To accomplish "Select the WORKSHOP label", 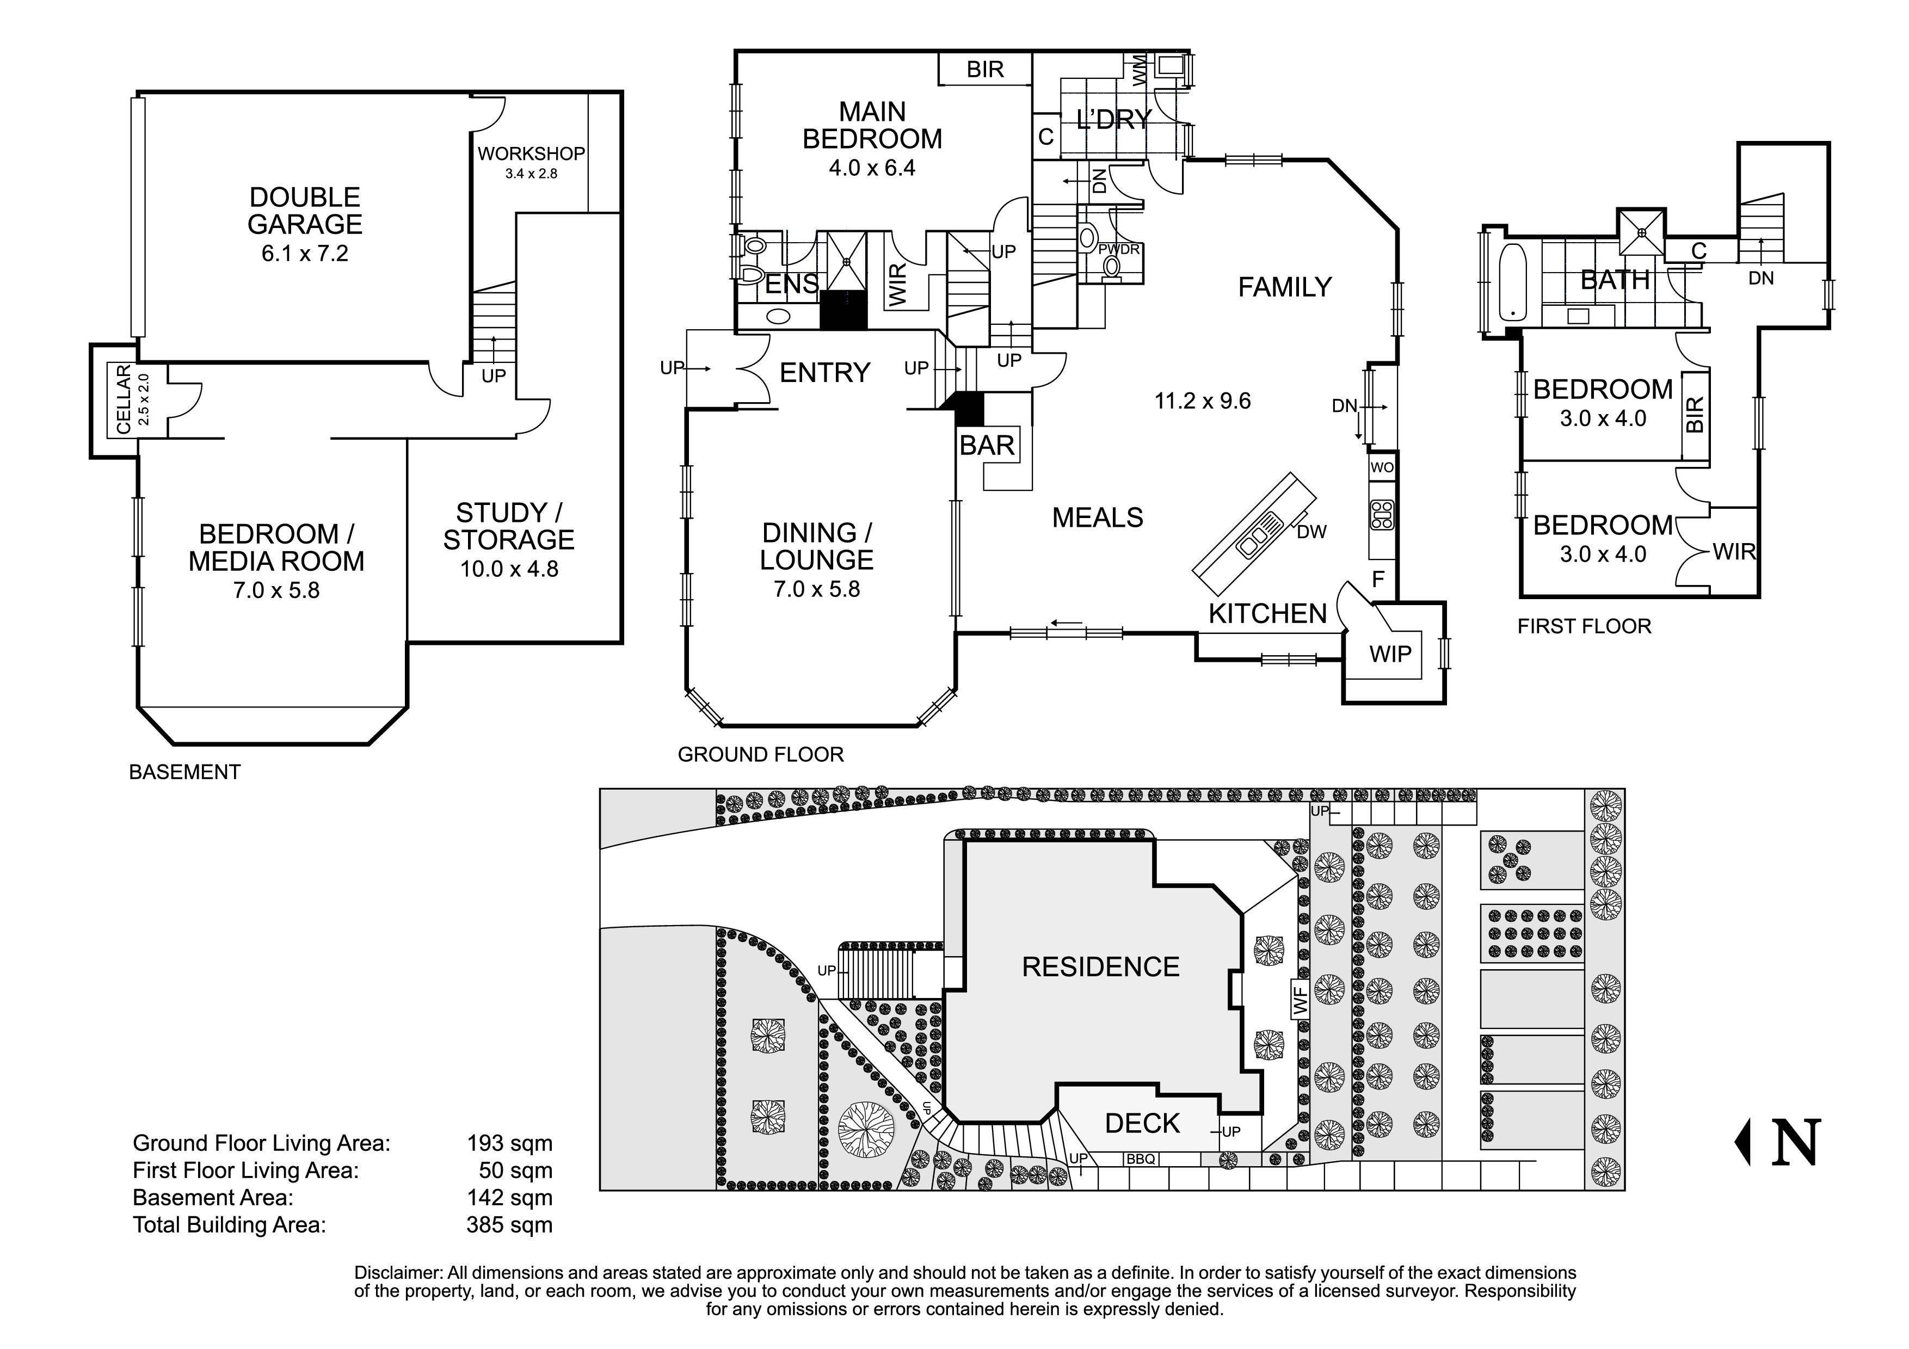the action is click(531, 154).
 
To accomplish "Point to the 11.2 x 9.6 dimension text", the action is click(1202, 402).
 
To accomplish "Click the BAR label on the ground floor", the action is click(987, 446).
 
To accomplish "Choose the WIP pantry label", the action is click(1390, 654).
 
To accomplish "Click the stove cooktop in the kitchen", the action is click(1382, 515).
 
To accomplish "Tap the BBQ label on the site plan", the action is click(1140, 1159).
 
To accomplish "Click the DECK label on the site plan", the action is click(1142, 1124).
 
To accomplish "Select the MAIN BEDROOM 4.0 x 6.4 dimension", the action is click(871, 168).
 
